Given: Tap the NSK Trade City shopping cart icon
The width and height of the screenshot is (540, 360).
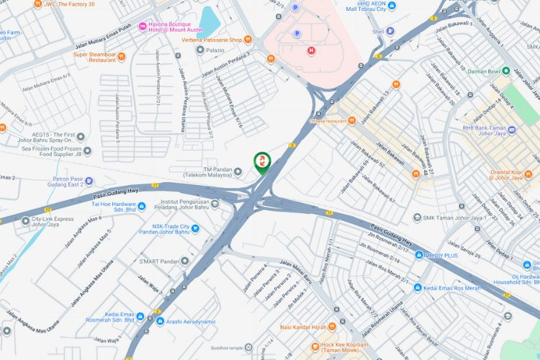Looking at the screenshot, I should point(195,229).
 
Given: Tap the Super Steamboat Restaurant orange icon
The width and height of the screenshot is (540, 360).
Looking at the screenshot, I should point(122,55).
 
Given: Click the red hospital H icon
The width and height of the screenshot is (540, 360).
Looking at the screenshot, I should point(311,50).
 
